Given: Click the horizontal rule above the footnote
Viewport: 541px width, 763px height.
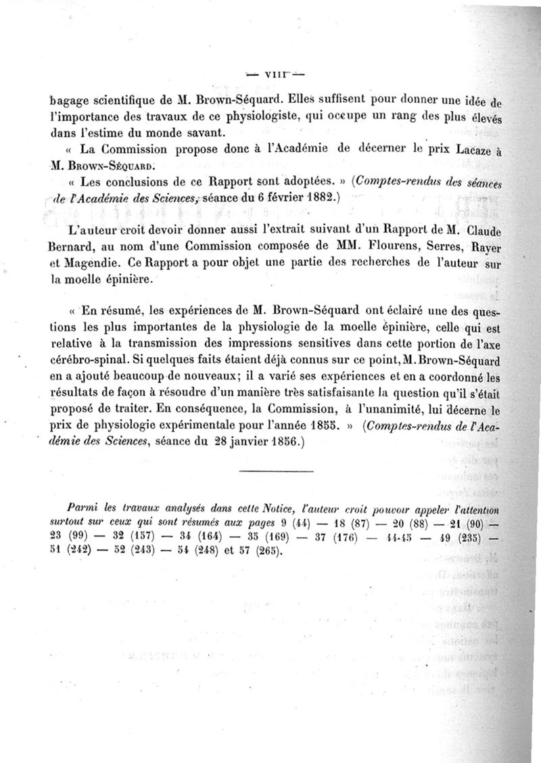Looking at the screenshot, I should (x=276, y=470).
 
